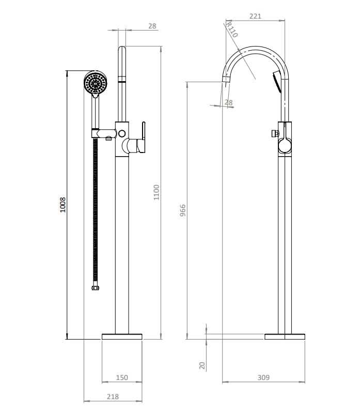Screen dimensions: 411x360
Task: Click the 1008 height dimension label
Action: click(x=62, y=205)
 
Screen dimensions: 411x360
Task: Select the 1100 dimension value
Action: click(x=156, y=192)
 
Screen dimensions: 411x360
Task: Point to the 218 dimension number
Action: click(x=113, y=397)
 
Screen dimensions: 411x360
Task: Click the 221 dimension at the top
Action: click(x=255, y=16)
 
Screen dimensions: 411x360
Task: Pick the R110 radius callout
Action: click(x=231, y=30)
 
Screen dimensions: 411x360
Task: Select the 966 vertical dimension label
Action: click(x=182, y=211)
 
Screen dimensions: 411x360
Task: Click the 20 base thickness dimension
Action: click(x=202, y=366)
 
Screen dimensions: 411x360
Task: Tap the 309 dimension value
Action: click(x=263, y=378)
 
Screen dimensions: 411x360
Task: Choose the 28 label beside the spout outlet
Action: click(x=229, y=103)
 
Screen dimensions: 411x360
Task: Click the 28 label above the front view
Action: click(x=152, y=25)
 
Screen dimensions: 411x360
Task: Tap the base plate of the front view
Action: click(x=122, y=337)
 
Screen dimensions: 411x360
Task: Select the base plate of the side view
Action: click(x=285, y=337)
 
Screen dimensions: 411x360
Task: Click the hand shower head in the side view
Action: click(x=277, y=80)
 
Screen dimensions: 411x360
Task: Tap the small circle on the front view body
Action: click(x=122, y=134)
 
